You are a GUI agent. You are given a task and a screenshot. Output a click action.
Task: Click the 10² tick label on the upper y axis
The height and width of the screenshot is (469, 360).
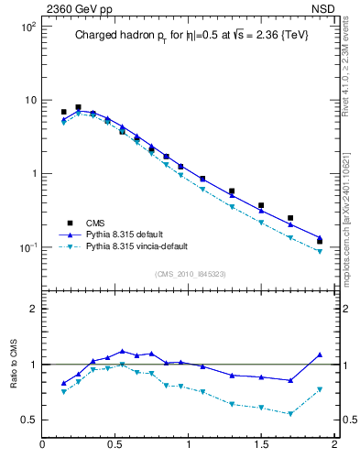[28, 27]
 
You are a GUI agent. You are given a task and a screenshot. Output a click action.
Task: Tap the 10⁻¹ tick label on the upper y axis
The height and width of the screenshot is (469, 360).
[27, 247]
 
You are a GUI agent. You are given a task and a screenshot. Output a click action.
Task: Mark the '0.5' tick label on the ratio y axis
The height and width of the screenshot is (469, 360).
[29, 420]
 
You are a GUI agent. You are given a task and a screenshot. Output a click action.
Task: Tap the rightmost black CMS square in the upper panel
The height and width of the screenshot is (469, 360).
[320, 242]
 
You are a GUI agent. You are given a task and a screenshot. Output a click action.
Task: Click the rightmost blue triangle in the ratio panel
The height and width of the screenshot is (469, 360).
[320, 354]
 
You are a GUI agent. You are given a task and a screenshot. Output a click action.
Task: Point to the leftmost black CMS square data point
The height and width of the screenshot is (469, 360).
[63, 112]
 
